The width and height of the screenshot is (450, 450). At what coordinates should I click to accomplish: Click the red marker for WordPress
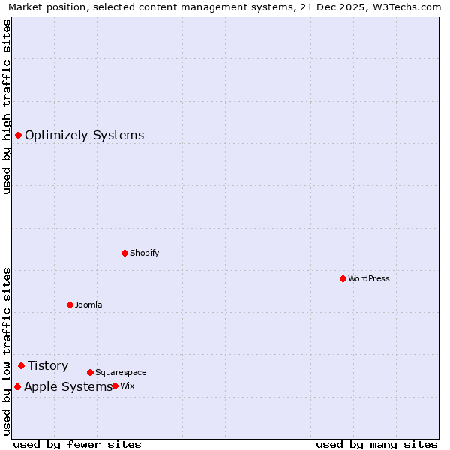tap(343, 278)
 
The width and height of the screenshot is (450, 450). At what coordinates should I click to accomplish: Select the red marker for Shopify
tap(124, 253)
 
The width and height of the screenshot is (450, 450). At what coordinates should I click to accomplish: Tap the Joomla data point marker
tap(70, 304)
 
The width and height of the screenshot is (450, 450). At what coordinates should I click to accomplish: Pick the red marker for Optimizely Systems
tap(18, 135)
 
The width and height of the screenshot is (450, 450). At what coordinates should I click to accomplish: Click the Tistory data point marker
tap(21, 365)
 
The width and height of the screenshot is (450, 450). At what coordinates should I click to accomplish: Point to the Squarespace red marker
tap(90, 372)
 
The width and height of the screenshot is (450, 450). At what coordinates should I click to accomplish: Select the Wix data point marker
tap(115, 385)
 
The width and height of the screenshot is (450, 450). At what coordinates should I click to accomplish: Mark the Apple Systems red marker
tap(17, 386)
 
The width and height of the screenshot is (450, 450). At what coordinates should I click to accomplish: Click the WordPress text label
tap(369, 278)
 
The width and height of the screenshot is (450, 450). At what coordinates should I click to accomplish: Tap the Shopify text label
tap(145, 253)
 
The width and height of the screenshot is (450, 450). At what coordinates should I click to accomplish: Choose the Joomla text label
tap(88, 304)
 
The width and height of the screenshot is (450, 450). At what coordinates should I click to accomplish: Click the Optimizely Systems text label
tap(85, 135)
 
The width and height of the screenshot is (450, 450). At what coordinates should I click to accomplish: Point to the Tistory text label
tap(48, 365)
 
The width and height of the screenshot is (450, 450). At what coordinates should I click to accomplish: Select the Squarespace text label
tap(121, 372)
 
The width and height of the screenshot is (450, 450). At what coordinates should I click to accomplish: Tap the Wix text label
tap(127, 385)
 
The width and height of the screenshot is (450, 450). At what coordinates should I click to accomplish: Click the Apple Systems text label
tap(67, 386)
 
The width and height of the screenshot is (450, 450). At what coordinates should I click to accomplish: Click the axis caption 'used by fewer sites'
tap(77, 444)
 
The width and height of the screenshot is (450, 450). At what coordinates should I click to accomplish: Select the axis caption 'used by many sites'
tap(376, 444)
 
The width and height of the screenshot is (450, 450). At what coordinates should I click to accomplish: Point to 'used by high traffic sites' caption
tap(7, 106)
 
